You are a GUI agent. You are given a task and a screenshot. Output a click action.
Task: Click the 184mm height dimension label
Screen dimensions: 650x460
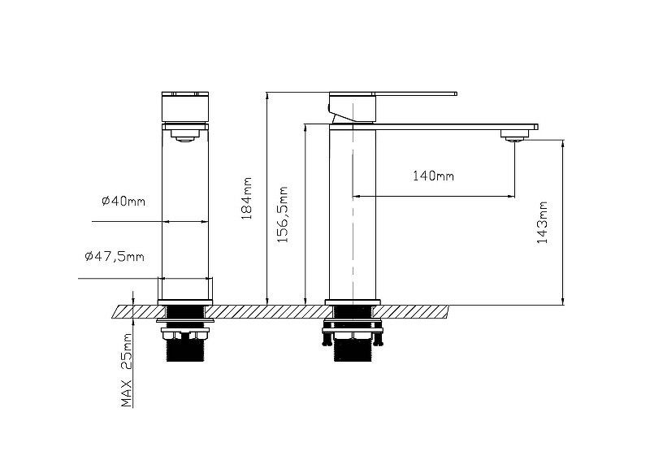coord(247,198)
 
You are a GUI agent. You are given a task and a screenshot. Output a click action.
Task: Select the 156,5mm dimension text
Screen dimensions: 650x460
coord(283,215)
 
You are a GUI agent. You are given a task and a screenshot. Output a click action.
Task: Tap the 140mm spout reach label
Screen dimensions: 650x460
coord(433,176)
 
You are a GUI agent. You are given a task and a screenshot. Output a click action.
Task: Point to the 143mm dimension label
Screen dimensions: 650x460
coord(543,223)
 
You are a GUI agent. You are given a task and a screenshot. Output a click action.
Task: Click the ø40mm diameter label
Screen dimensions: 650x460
coord(123,202)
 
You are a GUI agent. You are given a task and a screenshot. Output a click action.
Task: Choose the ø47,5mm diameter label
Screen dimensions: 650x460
coord(115,256)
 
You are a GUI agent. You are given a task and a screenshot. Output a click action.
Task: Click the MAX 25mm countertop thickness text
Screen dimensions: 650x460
coord(127,370)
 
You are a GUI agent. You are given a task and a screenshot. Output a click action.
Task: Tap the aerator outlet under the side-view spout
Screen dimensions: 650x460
coord(515,135)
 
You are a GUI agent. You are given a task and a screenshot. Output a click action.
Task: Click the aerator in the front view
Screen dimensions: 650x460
coord(185,135)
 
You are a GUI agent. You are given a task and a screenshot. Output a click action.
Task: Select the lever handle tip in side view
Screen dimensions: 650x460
coord(455,93)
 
